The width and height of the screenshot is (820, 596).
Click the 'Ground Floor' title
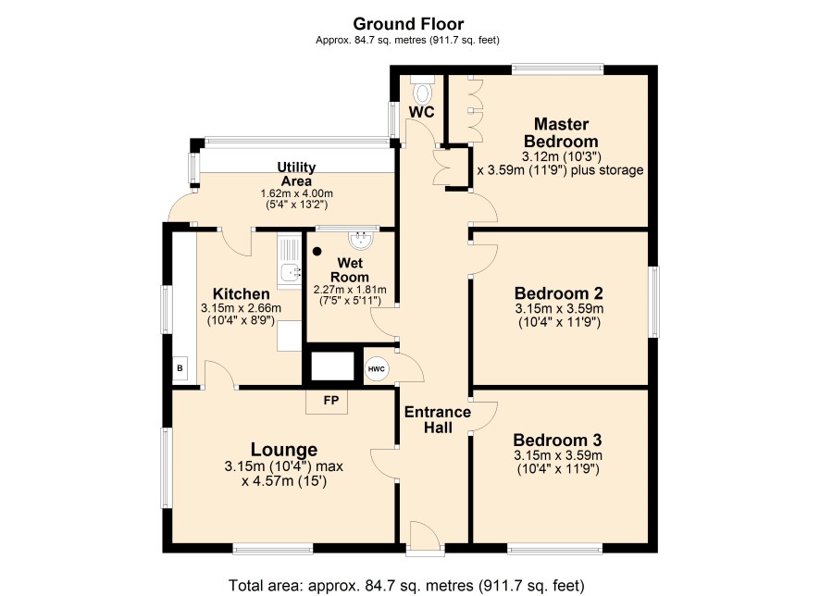point(408,24)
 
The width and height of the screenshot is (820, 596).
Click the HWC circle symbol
point(376,369)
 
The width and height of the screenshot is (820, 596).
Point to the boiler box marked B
point(180,368)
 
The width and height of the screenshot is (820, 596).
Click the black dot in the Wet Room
point(317,252)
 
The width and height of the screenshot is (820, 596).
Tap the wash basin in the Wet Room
point(361,241)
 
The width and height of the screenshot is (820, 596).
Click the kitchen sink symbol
point(289,262)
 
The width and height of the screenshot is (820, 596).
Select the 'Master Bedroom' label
point(561,132)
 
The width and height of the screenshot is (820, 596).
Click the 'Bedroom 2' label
point(558,292)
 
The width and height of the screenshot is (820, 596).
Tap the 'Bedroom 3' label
point(557,440)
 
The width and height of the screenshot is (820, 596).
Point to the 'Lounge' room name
point(284,450)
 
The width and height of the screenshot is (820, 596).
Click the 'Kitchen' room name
point(241,293)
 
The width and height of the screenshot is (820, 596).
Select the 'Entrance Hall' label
point(438,420)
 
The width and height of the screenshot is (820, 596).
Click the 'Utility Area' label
point(296,174)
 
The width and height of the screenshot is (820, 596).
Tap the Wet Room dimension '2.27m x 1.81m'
point(350,290)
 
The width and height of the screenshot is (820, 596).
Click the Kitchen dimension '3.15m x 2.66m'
point(241,308)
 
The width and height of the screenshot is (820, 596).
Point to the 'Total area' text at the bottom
point(406,585)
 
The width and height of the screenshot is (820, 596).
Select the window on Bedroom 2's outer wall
point(654,302)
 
